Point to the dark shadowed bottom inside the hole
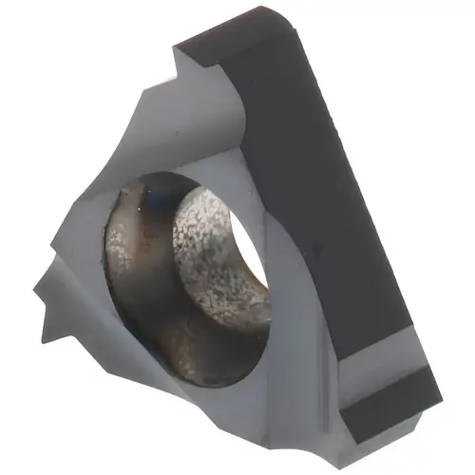180,332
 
